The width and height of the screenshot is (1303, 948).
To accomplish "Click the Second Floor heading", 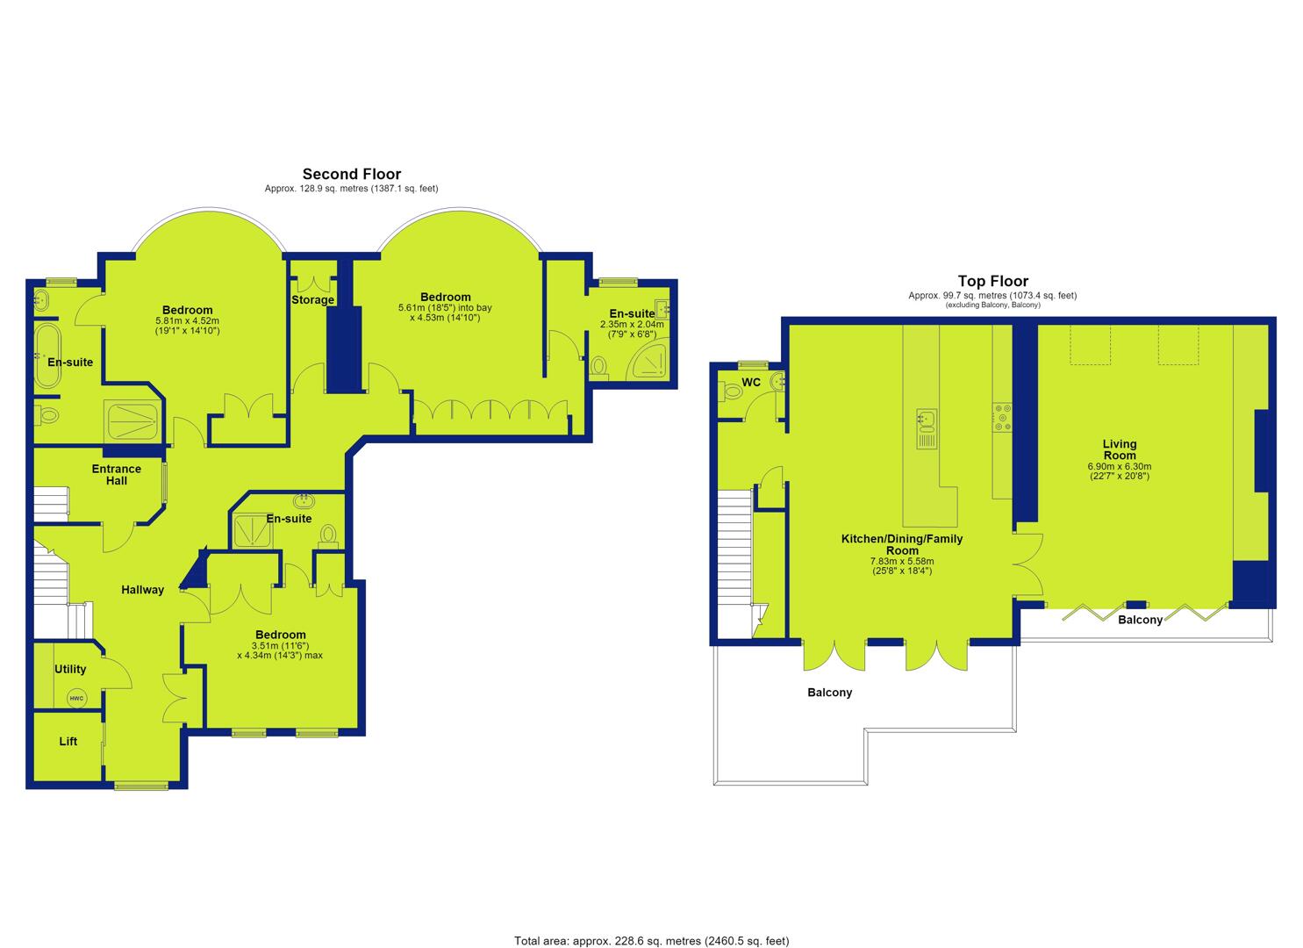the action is (x=351, y=174).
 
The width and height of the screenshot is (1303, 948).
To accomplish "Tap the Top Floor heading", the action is (x=993, y=281).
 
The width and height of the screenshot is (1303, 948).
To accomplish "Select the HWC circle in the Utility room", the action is (x=76, y=699).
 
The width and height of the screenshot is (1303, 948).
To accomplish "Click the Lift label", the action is (x=68, y=742).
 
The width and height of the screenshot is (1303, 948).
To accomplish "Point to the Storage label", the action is (x=313, y=299).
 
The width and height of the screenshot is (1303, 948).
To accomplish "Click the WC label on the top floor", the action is (x=751, y=383).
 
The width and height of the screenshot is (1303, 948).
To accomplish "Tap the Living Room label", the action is (x=1120, y=449).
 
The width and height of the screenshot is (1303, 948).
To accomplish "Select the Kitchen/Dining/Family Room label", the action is (x=902, y=545).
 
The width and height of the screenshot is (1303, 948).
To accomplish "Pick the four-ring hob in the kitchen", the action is (x=1002, y=418).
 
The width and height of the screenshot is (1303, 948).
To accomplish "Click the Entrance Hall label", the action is (x=117, y=475).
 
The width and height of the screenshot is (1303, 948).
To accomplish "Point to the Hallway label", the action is (x=142, y=590).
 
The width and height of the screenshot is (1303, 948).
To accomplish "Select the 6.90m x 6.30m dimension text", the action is (x=1120, y=466).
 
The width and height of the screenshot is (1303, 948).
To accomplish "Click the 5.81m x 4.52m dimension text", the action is (x=187, y=320).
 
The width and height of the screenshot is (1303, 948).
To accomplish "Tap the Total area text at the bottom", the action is (x=651, y=924).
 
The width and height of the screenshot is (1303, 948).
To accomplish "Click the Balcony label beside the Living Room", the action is (x=1140, y=620).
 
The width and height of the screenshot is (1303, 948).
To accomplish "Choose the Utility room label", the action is (x=70, y=669).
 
